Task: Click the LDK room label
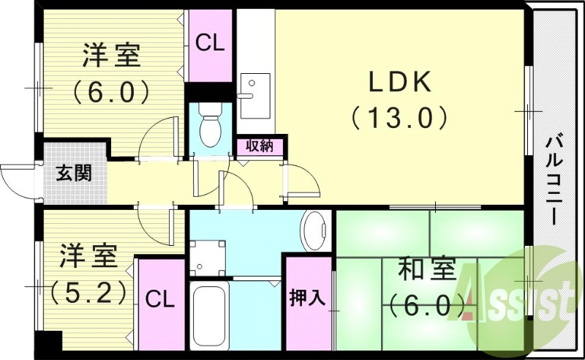pos(399,82)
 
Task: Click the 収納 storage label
pos(259,145)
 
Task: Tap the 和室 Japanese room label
pos(428,269)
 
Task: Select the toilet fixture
pos(210,127)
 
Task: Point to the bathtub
pos(210,317)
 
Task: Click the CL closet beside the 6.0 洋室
pos(209,43)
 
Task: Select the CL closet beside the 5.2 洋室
pos(159,299)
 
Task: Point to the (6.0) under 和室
pos(428,302)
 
